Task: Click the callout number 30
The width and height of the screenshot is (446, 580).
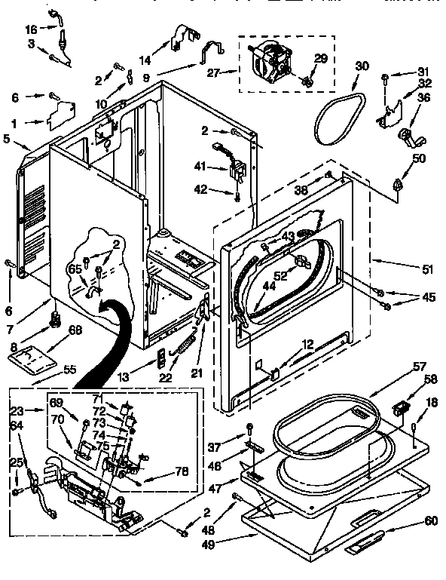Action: point(362,66)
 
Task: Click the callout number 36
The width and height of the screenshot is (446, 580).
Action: point(423,97)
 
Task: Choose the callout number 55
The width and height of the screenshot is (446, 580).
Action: point(69,369)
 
